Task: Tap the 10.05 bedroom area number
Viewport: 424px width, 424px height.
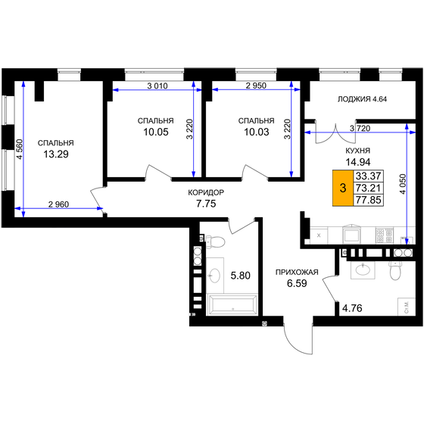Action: click(x=156, y=134)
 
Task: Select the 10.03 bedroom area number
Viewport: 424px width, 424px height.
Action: click(x=256, y=134)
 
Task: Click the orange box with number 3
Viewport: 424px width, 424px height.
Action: click(x=342, y=188)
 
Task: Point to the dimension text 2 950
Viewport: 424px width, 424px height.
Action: click(x=256, y=86)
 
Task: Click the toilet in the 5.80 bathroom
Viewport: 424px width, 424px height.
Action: click(x=214, y=242)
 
